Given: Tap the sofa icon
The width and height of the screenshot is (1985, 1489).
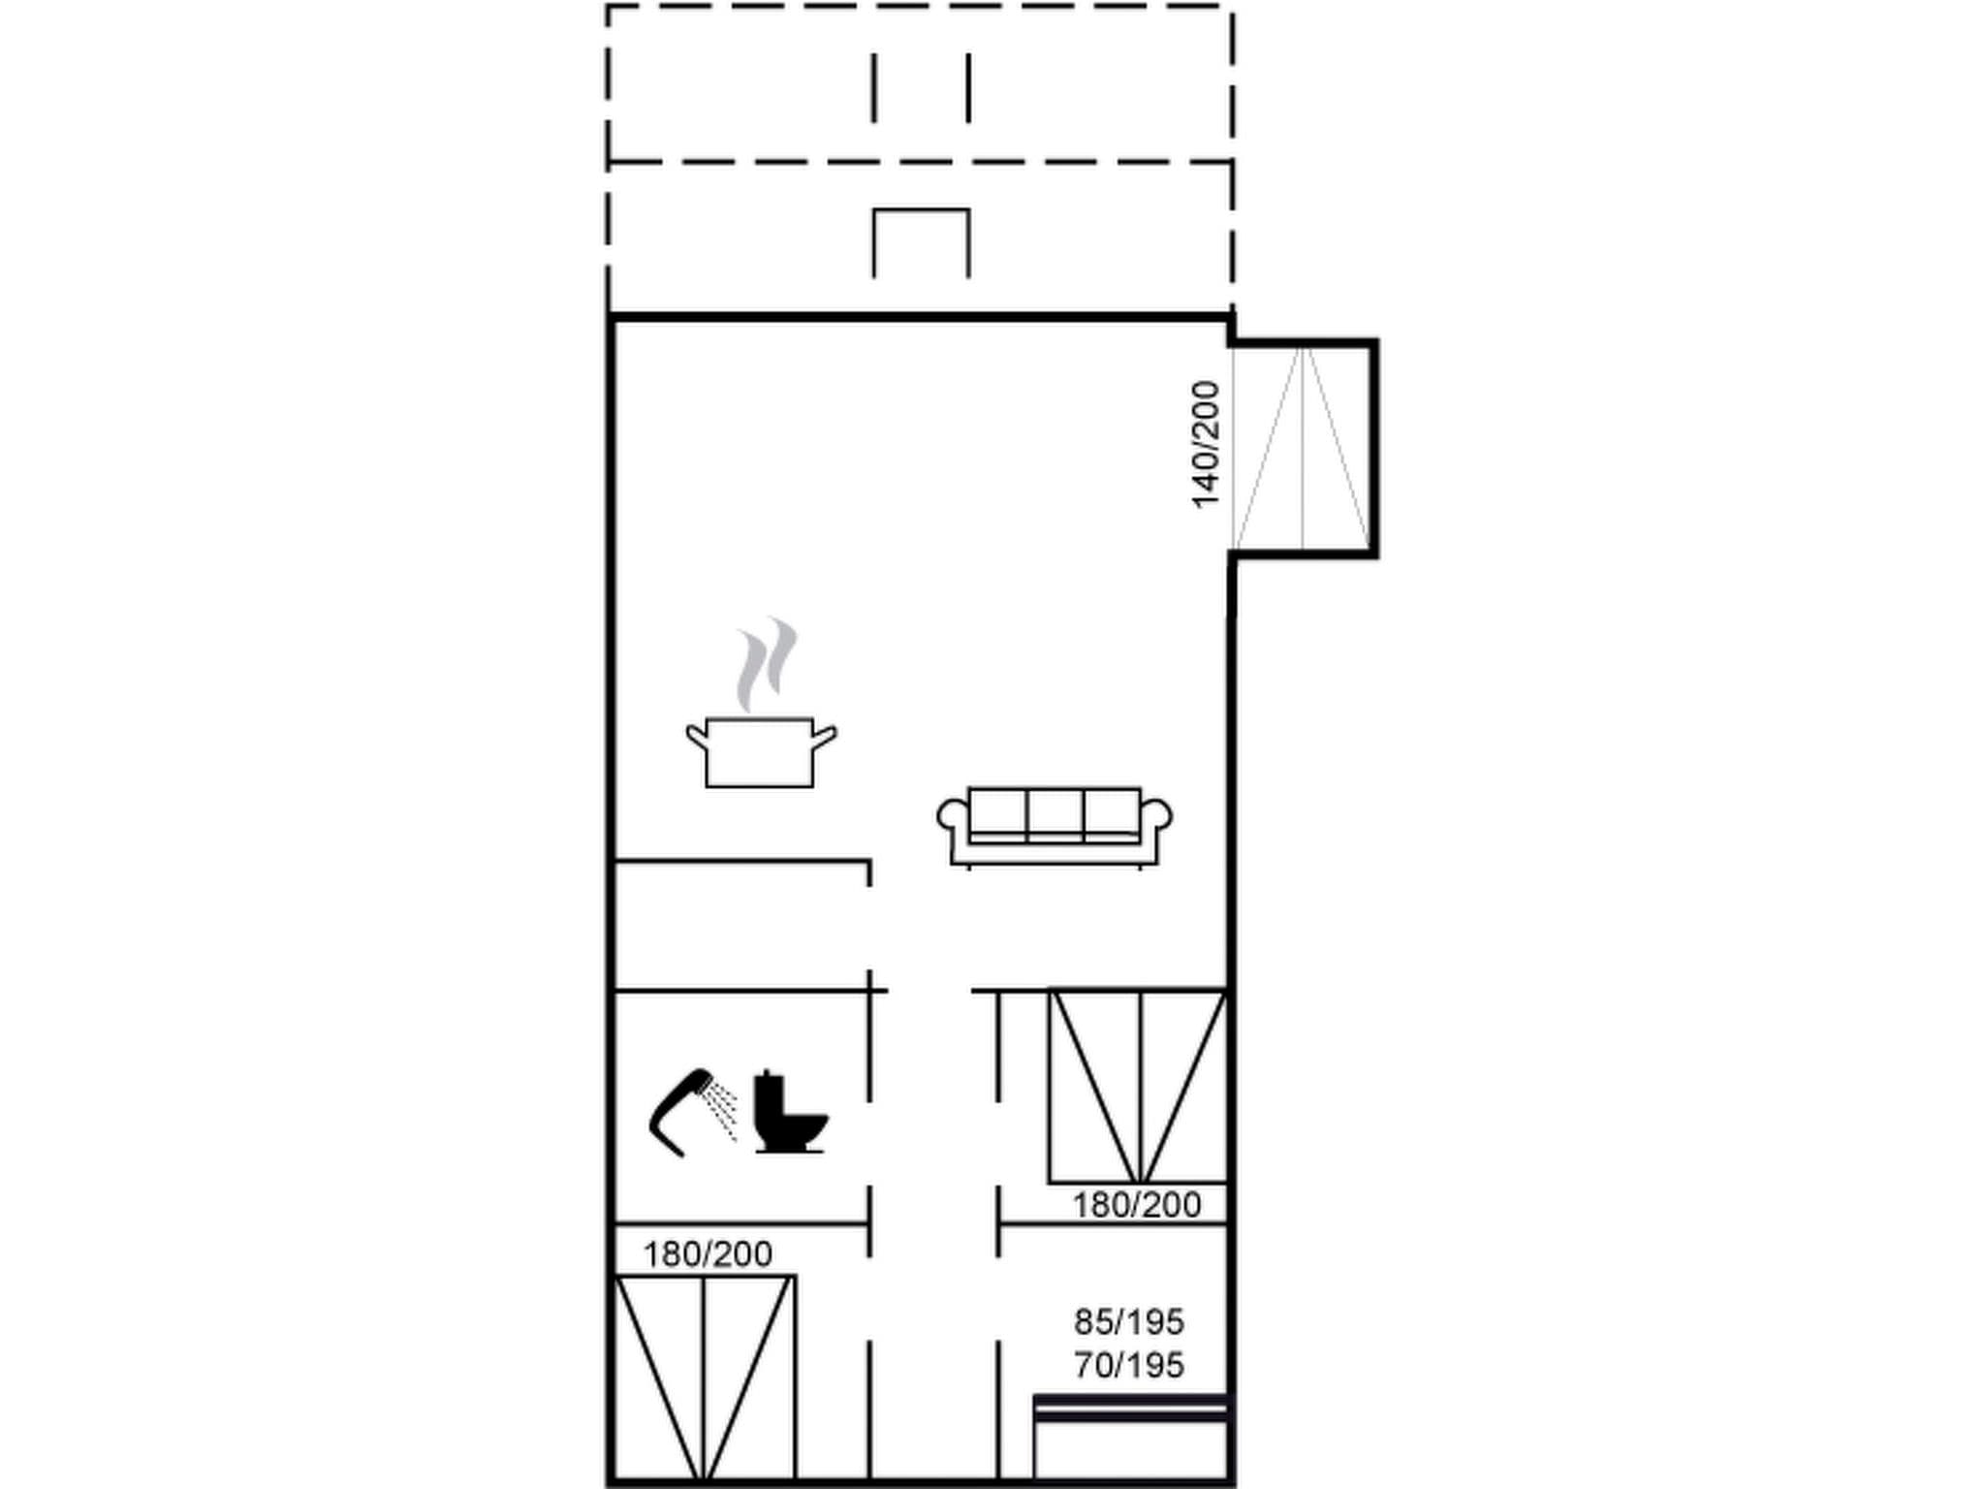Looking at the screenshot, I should tap(1055, 825).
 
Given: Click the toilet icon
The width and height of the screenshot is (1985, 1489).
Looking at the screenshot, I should tap(789, 1114).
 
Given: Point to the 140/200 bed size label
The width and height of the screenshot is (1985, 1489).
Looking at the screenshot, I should tap(1205, 444).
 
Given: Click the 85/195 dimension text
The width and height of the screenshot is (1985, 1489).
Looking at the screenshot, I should tap(1129, 1321).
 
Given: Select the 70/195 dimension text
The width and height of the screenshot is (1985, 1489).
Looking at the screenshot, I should tap(1129, 1365).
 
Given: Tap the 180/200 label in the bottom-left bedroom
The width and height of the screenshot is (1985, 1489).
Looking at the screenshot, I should tap(708, 1254).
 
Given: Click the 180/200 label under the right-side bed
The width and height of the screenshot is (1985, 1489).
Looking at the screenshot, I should tap(1136, 1205).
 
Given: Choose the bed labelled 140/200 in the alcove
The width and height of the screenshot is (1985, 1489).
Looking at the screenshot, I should tap(1303, 448).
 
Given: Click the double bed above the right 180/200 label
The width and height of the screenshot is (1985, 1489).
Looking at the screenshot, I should tap(1138, 1086).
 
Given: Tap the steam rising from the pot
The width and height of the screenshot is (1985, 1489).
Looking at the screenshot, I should tap(766, 663).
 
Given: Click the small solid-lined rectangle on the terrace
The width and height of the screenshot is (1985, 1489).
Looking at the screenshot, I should tap(921, 242).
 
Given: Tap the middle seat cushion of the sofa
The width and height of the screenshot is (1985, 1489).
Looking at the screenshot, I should tap(1055, 811).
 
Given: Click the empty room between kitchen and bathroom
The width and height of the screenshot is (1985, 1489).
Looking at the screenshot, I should tap(741, 925).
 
